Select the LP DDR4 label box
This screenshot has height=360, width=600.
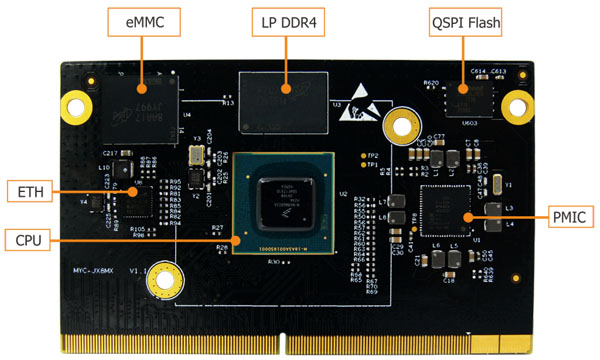pos(285,20)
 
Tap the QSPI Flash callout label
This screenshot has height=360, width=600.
pos(464,20)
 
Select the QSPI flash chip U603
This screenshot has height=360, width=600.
pos(463,103)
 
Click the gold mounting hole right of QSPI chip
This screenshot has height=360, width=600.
pos(513,101)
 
